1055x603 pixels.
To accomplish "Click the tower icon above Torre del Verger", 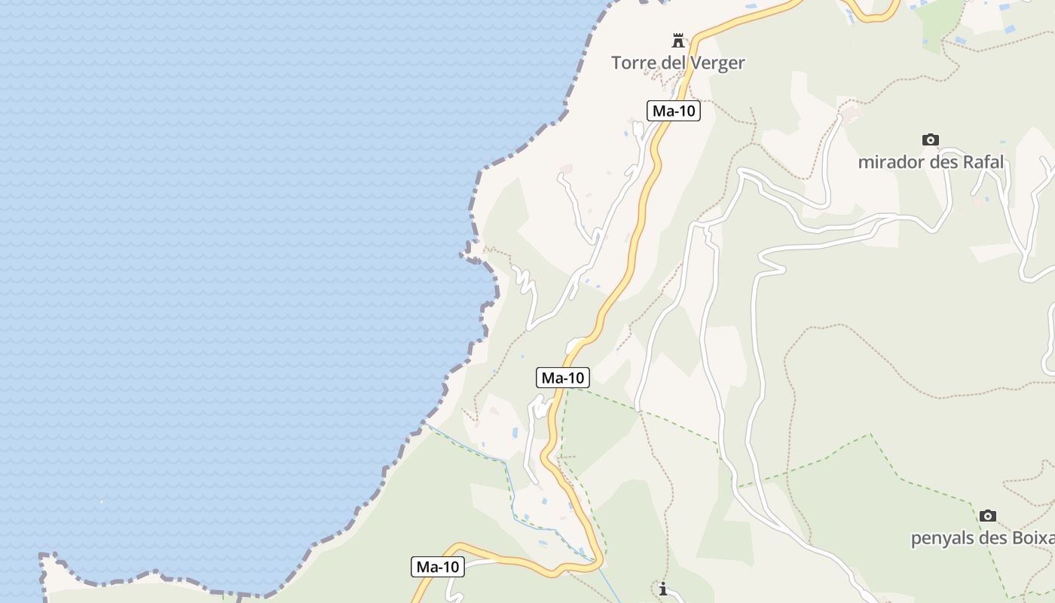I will (678, 40).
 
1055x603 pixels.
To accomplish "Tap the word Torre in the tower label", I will (633, 63).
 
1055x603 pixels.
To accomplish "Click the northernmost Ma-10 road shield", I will (674, 111).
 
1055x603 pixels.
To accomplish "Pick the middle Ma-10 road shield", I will (563, 378).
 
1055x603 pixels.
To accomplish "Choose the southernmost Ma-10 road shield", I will (438, 567).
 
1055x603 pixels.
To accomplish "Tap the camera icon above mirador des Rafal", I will (931, 139).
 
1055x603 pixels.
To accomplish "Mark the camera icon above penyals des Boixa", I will (988, 516).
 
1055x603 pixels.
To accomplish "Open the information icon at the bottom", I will (663, 589).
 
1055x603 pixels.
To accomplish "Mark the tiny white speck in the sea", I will (102, 501).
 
